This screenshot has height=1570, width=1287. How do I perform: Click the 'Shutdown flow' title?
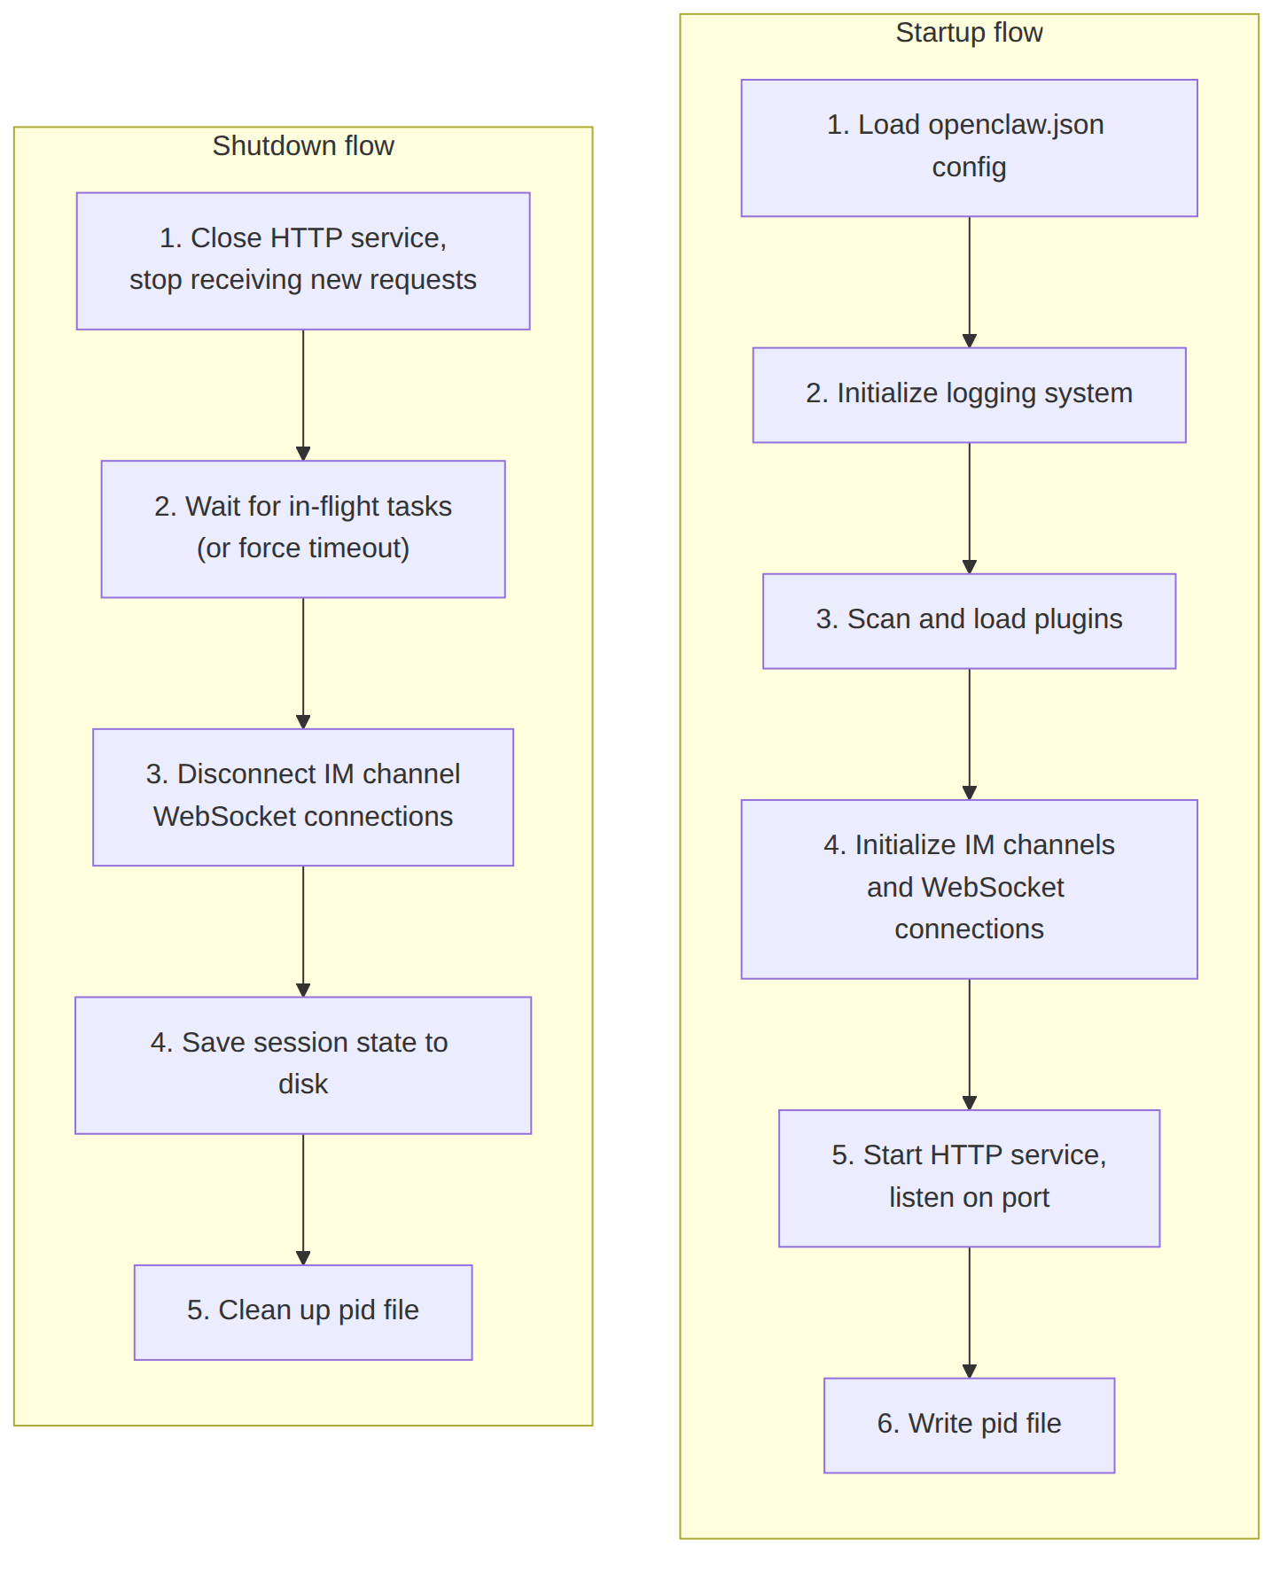pos(303,145)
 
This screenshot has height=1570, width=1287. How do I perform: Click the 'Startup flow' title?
pos(969,33)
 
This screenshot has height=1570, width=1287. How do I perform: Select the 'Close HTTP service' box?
pos(303,261)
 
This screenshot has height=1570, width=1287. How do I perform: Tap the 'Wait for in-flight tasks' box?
pos(303,529)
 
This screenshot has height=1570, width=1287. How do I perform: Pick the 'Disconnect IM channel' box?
pos(303,797)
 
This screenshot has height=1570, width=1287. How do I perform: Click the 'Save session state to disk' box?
pos(303,1065)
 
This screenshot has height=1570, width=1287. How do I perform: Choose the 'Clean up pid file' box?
pos(303,1312)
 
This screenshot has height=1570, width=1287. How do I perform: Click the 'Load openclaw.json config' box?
pos(969,148)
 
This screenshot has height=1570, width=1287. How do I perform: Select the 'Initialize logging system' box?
pos(969,395)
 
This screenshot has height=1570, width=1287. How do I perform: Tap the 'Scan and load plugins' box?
pos(969,621)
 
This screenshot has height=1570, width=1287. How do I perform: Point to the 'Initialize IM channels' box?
pos(969,890)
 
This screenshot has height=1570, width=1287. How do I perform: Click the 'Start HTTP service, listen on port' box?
pos(969,1178)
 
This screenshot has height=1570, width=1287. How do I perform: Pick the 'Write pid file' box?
pos(969,1426)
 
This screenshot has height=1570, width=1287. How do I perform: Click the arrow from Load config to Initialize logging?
pos(969,282)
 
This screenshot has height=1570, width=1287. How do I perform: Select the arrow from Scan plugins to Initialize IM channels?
pos(969,734)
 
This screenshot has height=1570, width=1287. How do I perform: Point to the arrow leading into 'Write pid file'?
pos(969,1312)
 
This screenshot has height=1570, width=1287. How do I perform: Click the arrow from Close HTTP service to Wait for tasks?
pos(303,395)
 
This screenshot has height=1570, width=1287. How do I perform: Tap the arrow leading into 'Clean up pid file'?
pos(303,1200)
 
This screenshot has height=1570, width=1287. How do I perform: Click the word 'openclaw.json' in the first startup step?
pos(1016,125)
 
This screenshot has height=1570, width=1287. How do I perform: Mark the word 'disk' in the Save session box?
pos(303,1084)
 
